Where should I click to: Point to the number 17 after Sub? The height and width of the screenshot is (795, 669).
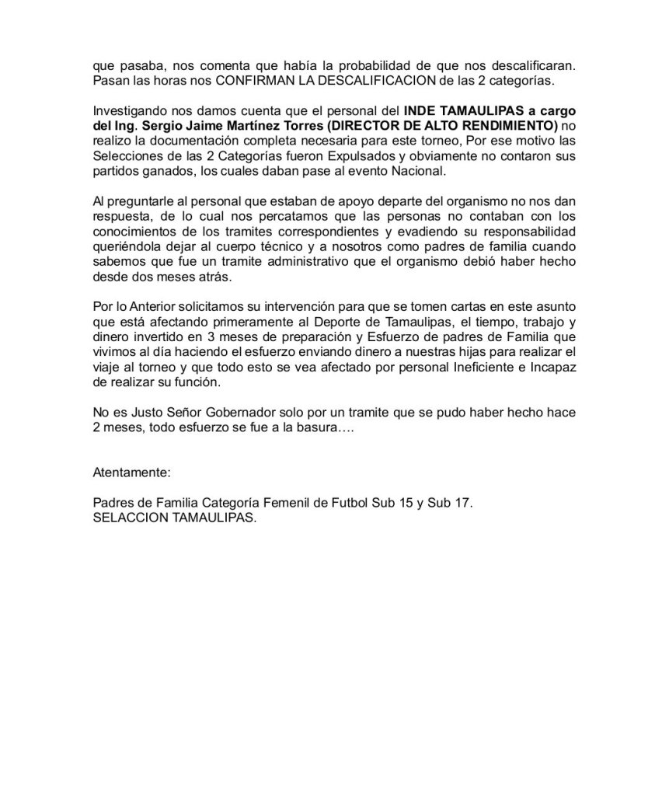click(462, 504)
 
